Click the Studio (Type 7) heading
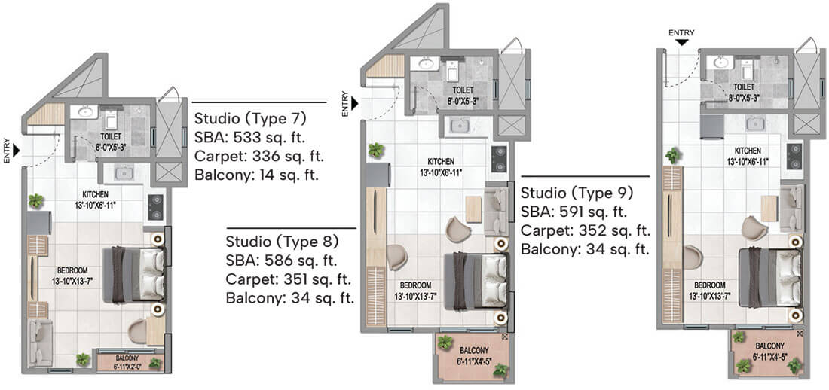coord(251,117)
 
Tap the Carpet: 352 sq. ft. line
coord(586,230)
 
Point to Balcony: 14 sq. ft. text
coord(256,175)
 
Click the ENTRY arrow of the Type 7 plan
coord(17,151)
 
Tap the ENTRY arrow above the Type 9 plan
coord(681,41)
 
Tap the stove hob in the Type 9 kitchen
coord(794,157)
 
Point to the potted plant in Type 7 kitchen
coord(36,201)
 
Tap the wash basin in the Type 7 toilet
coord(84,112)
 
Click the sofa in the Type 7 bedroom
coord(40,343)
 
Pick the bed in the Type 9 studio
coord(769,277)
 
